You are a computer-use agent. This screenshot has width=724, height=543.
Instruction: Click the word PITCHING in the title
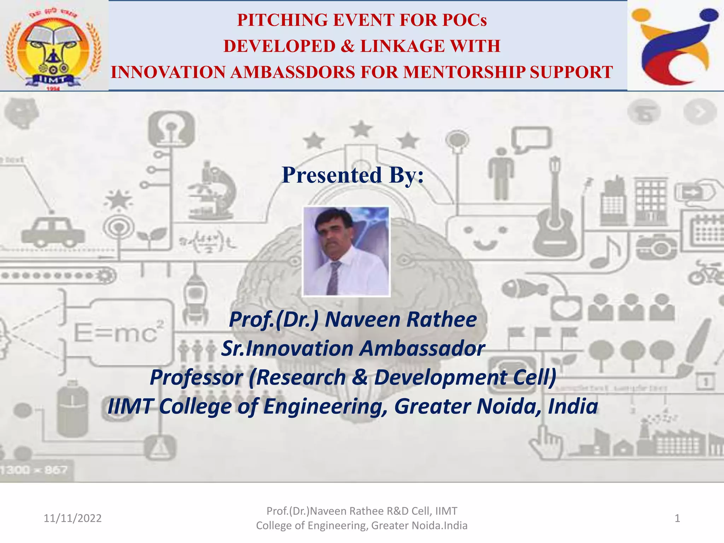click(282, 20)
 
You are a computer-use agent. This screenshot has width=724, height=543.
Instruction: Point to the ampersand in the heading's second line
click(348, 46)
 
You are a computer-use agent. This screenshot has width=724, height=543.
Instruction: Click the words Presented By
click(352, 175)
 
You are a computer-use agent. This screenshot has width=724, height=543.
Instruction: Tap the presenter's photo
click(346, 251)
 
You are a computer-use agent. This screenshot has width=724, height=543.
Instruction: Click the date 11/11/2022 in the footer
click(72, 518)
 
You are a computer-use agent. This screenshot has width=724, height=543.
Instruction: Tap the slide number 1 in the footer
click(677, 518)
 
